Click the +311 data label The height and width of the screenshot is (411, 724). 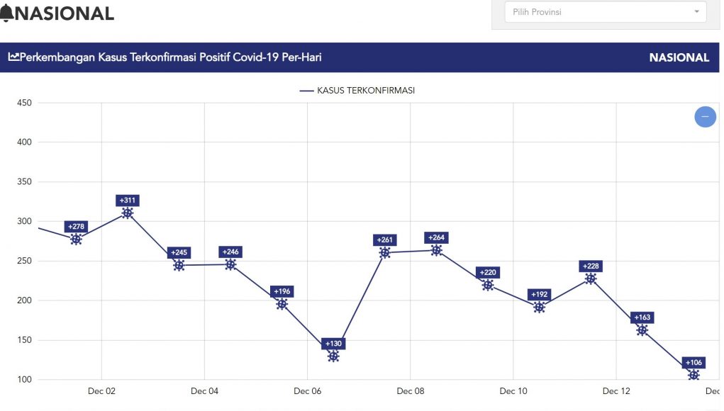coord(128,201)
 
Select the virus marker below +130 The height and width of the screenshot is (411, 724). coord(333,356)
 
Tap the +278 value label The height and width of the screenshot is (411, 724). coord(76,227)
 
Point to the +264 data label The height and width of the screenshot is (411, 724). coord(436,238)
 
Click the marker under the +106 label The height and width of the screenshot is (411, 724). coord(694,375)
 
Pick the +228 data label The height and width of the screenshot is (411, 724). coord(591,266)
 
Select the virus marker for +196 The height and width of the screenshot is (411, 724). coord(282,304)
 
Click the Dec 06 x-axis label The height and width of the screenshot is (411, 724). coord(307,391)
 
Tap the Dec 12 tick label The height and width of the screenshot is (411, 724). coord(616,391)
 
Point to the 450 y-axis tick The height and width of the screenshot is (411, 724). coord(25,103)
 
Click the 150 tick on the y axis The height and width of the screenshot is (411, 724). coord(25,340)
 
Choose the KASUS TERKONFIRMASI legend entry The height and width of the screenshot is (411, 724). coord(357,91)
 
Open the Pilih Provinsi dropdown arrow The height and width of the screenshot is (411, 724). coord(696,12)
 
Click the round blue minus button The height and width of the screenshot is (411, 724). coord(705,116)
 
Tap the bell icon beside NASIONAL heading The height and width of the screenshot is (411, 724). coord(6,13)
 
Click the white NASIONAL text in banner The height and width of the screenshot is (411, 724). coord(679,58)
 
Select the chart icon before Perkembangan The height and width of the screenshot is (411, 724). coord(14,57)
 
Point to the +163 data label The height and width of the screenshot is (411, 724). coord(642,317)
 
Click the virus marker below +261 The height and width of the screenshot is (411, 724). coord(385,253)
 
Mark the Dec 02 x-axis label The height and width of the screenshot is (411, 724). coord(101,391)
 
